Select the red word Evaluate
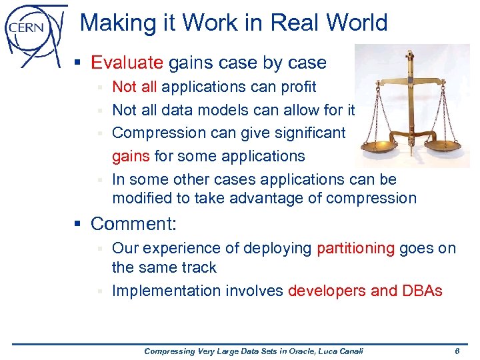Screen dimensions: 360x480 pos(127,63)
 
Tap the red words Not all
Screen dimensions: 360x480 pos(135,87)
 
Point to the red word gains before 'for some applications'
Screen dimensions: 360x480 pos(131,157)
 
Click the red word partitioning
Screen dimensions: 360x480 pos(356,248)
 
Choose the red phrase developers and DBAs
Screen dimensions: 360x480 pos(365,291)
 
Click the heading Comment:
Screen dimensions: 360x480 pos(133,223)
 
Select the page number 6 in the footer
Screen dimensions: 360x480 pos(456,351)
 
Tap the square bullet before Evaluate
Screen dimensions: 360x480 pos(79,63)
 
